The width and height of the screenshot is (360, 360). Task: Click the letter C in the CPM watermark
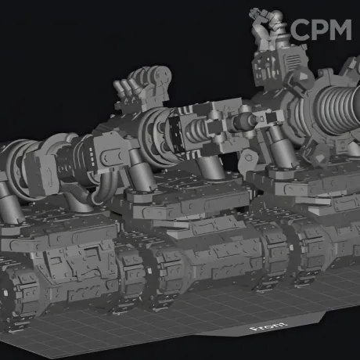tap(301, 30)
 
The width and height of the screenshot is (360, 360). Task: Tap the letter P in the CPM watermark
tap(321, 30)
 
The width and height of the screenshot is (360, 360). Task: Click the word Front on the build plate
tap(268, 326)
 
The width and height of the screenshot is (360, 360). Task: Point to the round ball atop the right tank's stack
tap(277, 16)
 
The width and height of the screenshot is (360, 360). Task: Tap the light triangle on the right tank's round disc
tap(302, 77)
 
